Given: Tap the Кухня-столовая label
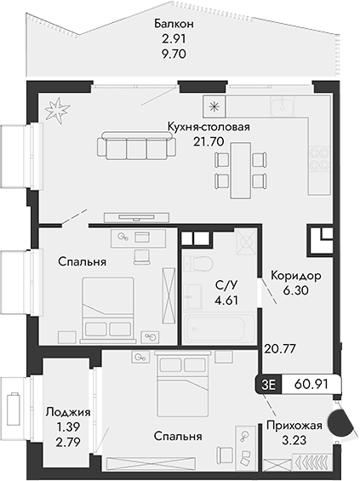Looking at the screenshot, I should tap(209, 129).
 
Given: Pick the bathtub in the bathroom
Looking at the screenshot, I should tap(215, 328).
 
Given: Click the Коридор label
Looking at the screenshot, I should tap(294, 277).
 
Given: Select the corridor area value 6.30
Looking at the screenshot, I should tap(294, 291).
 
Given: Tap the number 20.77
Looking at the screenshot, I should tap(278, 347).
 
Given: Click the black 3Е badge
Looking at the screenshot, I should tap(271, 385).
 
